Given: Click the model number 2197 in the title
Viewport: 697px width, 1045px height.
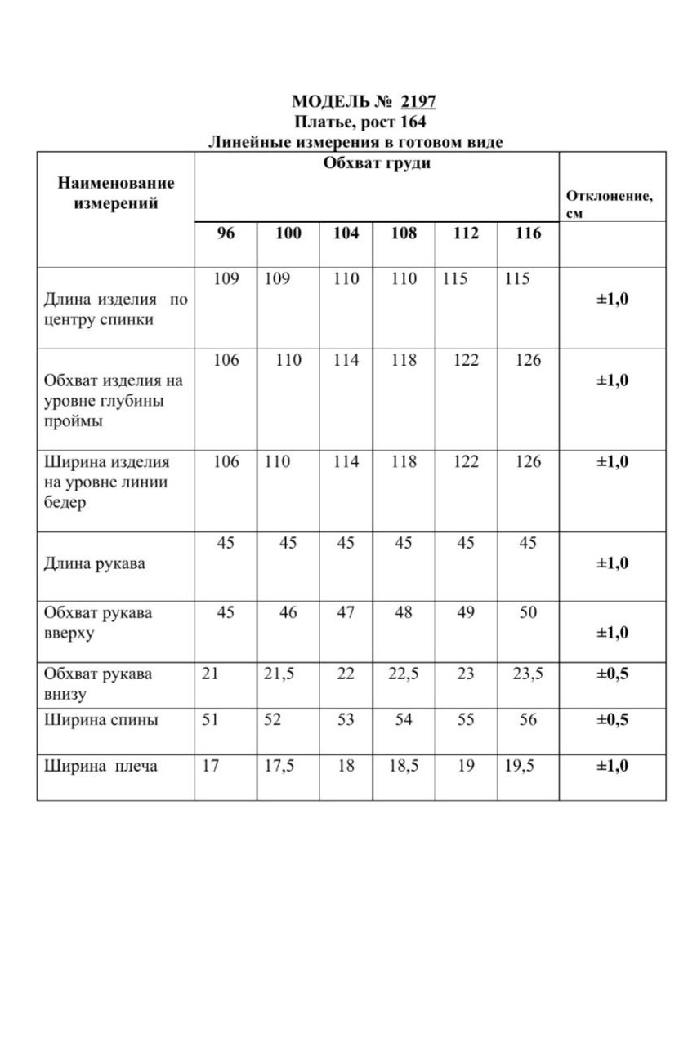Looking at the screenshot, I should pos(418,102).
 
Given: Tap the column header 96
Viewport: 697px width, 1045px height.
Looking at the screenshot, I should pos(226,233).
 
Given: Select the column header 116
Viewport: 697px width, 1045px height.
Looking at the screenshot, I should pos(528,233).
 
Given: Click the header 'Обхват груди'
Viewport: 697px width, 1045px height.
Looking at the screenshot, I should pos(377,162).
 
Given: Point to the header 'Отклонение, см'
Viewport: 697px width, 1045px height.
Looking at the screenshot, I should pos(609,205).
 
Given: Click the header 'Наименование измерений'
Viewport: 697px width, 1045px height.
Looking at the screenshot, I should pos(116,193).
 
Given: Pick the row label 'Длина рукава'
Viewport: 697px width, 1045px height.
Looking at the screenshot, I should pos(94,563).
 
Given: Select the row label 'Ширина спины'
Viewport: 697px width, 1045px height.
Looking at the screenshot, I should pos(101,720).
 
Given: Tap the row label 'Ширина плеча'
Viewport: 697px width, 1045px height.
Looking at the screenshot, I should pos(101,767).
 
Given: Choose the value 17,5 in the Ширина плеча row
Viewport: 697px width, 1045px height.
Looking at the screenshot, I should pos(279,767).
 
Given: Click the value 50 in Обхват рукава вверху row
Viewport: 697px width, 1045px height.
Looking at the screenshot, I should pos(528,612).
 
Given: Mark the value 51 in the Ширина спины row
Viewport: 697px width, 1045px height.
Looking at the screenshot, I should pos(210,720).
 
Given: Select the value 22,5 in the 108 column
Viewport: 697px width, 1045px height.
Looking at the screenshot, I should pos(403,674).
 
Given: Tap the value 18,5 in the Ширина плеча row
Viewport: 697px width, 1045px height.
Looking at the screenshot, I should pos(403,767).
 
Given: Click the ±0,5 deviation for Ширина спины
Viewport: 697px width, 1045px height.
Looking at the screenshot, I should pos(612,720).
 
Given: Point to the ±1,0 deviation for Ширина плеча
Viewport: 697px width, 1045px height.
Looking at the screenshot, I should pos(612,767).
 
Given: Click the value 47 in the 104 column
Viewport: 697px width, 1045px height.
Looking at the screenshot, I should pos(346,612).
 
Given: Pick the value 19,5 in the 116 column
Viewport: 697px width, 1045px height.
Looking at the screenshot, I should pos(520,767).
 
